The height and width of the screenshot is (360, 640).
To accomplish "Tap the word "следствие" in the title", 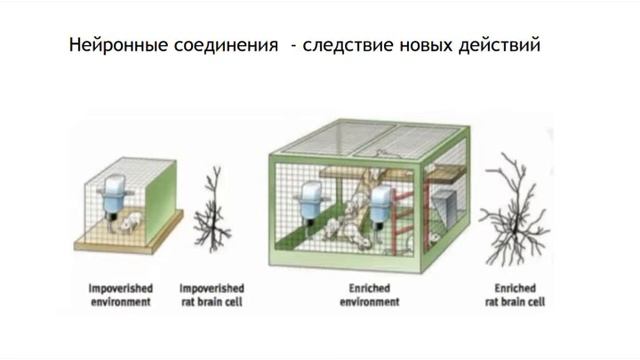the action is pos(344,47).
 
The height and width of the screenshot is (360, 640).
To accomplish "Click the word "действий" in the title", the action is pos(501,47).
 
